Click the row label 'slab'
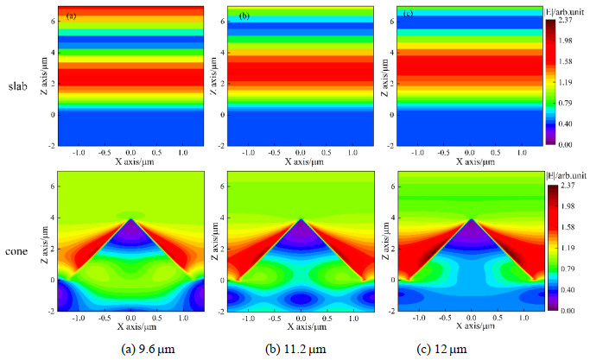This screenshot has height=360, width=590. click(18, 86)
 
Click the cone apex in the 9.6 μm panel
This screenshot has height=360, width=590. click(130, 219)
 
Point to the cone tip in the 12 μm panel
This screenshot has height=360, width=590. click(472, 219)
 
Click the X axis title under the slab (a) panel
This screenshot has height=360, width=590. click(130, 161)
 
